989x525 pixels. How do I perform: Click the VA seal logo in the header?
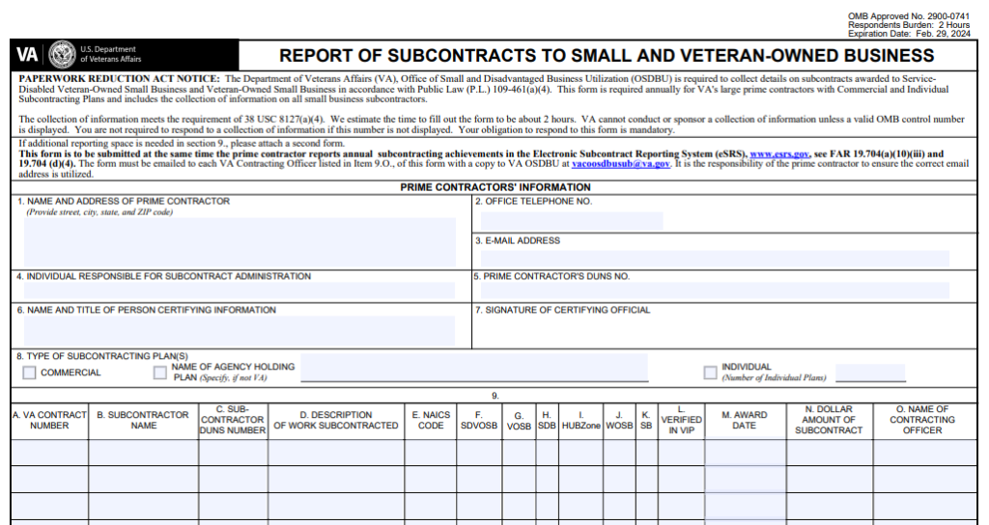(x=62, y=54)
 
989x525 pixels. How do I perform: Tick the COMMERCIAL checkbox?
(x=29, y=373)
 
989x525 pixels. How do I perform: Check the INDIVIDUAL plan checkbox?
(x=710, y=373)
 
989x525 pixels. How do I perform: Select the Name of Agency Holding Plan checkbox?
(x=160, y=373)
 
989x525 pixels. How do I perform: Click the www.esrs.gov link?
(x=779, y=154)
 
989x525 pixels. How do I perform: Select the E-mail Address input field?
(x=715, y=259)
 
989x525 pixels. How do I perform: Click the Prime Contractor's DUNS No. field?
(x=715, y=290)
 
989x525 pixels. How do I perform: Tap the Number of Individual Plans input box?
(x=869, y=373)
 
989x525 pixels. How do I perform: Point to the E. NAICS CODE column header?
(x=431, y=420)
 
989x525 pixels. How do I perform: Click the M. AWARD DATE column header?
(x=744, y=420)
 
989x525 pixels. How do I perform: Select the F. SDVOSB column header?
(x=478, y=420)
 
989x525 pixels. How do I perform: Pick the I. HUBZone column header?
(x=580, y=420)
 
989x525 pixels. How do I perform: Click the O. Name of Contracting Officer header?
(x=922, y=420)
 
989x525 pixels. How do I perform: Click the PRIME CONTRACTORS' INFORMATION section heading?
(x=495, y=187)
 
